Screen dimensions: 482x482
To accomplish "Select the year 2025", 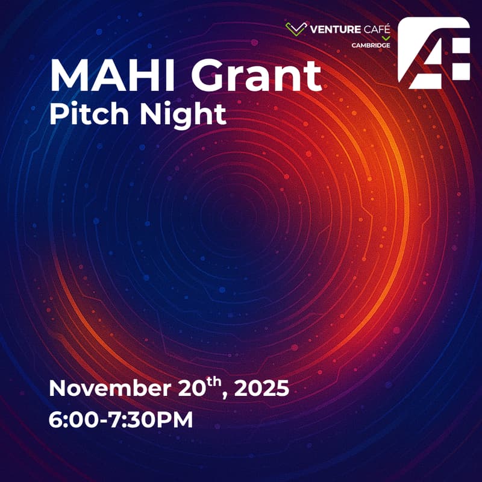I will pos(261,389).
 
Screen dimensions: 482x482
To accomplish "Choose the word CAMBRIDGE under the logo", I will pos(371,45).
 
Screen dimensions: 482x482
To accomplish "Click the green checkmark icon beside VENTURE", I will pos(296,28).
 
